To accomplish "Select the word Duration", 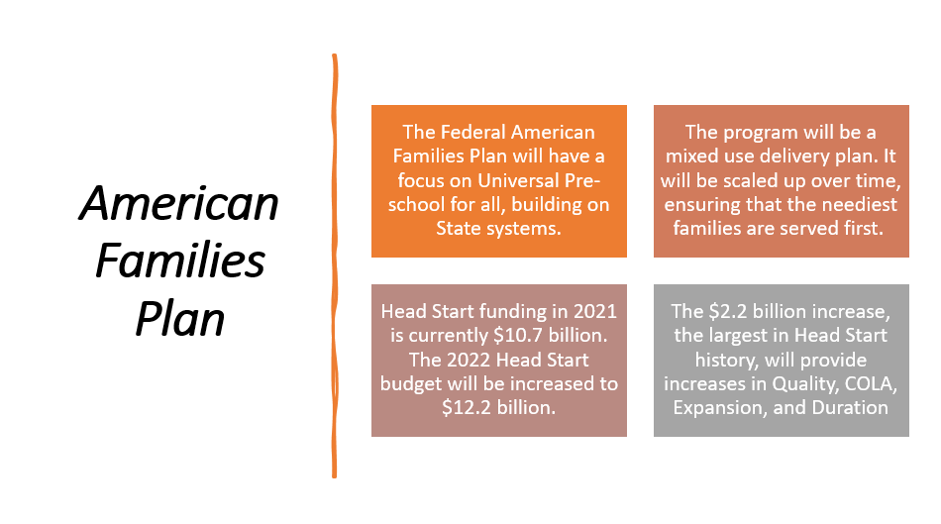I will coord(845,407).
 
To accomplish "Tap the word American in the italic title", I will coord(179,204).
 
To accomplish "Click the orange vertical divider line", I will coord(335,267).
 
